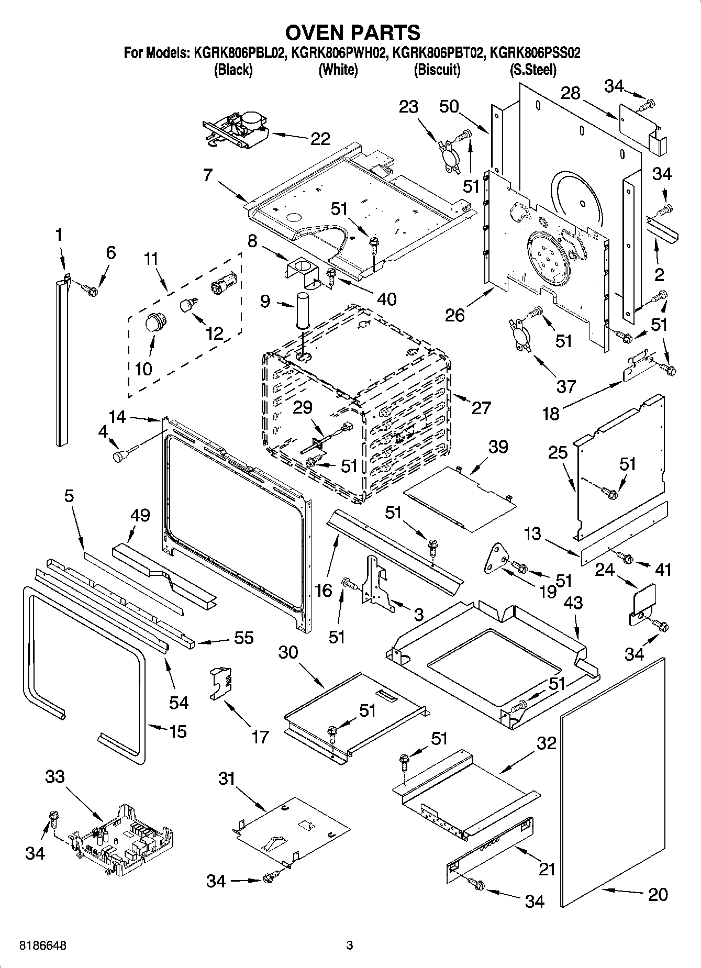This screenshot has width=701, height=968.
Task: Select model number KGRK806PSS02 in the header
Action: [x=533, y=53]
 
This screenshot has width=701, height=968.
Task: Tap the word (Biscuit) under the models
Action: [x=437, y=70]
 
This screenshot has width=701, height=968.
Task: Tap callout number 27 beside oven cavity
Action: [x=481, y=407]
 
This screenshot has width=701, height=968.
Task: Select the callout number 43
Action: [x=573, y=603]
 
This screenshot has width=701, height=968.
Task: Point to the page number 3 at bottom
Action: [x=350, y=946]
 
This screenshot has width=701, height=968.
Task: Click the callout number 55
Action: [x=243, y=637]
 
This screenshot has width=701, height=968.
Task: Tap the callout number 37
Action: [x=566, y=386]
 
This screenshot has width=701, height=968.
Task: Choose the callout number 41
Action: [x=663, y=569]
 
